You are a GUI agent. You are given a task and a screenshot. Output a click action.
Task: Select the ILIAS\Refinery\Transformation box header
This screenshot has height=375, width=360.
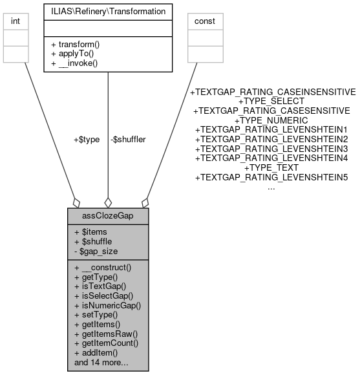click(107, 11)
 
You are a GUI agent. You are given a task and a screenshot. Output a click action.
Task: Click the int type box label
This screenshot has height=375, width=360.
click(16, 21)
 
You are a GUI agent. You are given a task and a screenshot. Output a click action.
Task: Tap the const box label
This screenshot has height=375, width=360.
click(206, 21)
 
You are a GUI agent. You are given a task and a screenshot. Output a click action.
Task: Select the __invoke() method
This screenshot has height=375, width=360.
click(74, 63)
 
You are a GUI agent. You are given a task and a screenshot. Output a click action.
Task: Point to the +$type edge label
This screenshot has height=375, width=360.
click(87, 139)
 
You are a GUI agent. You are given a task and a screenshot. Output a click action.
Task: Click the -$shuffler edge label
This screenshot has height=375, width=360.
click(127, 139)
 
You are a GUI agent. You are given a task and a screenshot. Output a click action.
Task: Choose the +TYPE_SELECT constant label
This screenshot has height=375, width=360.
click(271, 102)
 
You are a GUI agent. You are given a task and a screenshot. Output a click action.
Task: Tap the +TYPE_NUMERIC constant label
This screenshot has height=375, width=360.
click(271, 120)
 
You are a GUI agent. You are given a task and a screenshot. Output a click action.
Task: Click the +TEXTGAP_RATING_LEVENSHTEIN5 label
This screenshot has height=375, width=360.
click(271, 177)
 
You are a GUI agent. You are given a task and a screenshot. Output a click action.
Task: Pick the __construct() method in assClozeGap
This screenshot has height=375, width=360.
click(103, 266)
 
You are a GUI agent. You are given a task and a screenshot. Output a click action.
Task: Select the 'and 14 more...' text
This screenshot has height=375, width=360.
click(101, 363)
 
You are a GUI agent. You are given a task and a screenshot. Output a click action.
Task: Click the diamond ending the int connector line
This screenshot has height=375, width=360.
click(77, 202)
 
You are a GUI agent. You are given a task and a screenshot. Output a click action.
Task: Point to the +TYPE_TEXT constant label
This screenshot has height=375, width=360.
click(271, 167)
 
